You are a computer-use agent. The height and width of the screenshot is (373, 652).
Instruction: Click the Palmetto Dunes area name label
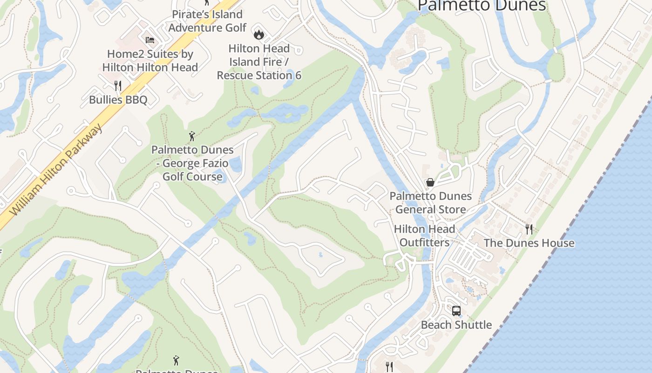[482, 6]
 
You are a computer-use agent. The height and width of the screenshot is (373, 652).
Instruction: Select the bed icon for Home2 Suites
[149, 40]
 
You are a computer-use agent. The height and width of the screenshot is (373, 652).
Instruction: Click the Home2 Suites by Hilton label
[150, 61]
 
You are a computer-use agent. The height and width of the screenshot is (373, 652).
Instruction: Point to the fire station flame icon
[258, 34]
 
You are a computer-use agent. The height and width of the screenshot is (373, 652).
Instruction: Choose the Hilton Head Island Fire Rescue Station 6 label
[259, 62]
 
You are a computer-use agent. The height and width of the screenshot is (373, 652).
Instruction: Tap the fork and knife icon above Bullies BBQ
[118, 85]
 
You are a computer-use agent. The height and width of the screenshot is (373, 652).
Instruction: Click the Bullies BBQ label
[118, 100]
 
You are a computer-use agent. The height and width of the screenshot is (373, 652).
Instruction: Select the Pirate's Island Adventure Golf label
[207, 21]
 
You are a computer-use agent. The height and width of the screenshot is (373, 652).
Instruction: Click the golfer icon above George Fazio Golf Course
[192, 136]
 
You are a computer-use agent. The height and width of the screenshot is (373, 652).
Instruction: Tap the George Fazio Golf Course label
[192, 163]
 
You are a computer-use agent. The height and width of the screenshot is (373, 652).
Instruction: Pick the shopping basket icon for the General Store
[430, 182]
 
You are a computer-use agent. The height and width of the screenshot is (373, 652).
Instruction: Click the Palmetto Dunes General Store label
[430, 203]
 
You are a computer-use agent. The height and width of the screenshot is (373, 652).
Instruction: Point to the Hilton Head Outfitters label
[424, 235]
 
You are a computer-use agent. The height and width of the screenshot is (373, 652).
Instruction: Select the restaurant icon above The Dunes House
[529, 229]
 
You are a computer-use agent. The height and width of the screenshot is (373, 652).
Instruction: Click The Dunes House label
[529, 243]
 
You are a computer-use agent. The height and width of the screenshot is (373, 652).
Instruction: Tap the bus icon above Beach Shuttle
[456, 311]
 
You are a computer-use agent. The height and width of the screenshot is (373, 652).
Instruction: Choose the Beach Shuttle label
[456, 325]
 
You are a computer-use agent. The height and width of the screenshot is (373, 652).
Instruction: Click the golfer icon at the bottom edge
[176, 360]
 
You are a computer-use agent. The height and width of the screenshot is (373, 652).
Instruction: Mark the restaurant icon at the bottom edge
[389, 366]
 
